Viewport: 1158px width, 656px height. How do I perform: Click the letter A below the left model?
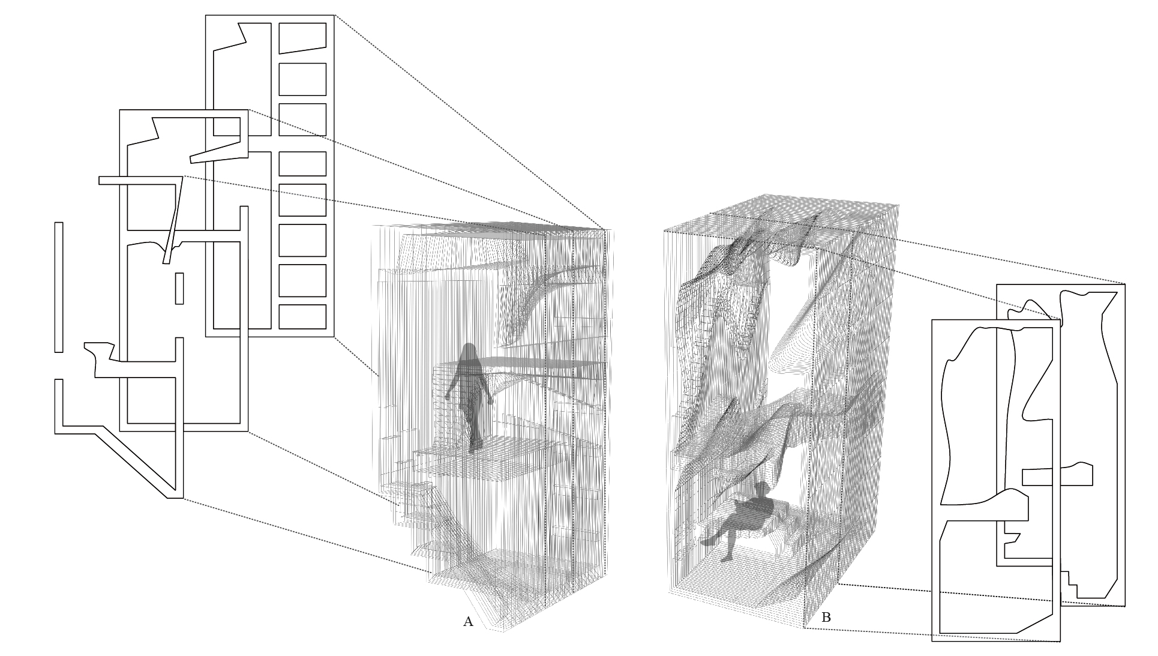click(468, 622)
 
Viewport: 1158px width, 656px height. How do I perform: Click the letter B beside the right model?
click(826, 617)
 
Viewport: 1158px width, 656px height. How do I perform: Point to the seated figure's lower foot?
click(727, 558)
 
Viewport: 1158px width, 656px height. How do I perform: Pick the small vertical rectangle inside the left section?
click(179, 288)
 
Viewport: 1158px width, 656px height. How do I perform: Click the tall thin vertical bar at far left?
click(59, 287)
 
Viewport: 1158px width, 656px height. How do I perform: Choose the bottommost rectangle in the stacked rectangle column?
click(302, 317)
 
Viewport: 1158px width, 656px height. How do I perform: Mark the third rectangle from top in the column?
click(302, 119)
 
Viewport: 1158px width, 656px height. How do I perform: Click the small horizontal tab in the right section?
click(1057, 475)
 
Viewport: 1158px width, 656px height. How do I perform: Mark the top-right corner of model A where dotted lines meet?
click(605, 229)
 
